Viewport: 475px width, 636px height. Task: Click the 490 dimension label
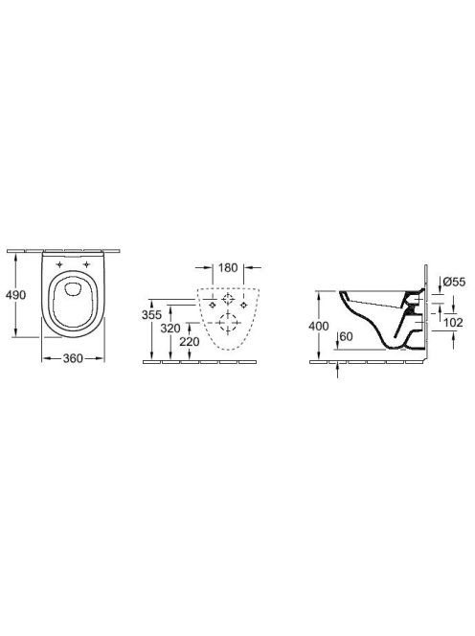(x=15, y=295)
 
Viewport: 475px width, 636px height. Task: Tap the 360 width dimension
(x=73, y=358)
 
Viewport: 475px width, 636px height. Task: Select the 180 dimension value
(x=228, y=267)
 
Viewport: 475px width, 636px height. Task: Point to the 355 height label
(x=151, y=314)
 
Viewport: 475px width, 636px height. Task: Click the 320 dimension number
(x=170, y=329)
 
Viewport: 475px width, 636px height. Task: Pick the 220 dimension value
(x=190, y=342)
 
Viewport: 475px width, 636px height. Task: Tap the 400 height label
(x=319, y=326)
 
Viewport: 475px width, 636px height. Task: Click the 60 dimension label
(x=346, y=336)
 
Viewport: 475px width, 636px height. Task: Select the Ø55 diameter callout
(x=455, y=282)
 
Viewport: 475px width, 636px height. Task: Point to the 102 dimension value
(x=454, y=323)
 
